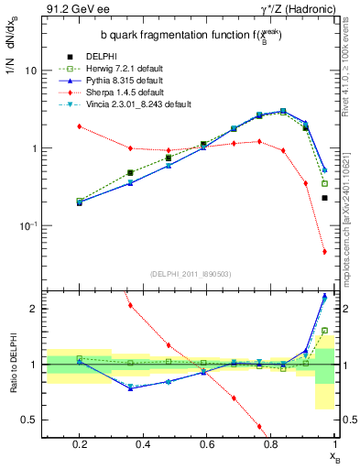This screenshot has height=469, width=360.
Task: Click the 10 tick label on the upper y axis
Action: [31, 71]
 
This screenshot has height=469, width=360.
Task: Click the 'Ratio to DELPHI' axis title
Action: [13, 365]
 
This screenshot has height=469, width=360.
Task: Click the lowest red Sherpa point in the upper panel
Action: [324, 252]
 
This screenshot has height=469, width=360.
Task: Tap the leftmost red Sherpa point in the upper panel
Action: [80, 126]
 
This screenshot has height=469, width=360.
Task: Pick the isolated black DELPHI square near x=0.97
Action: [324, 197]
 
